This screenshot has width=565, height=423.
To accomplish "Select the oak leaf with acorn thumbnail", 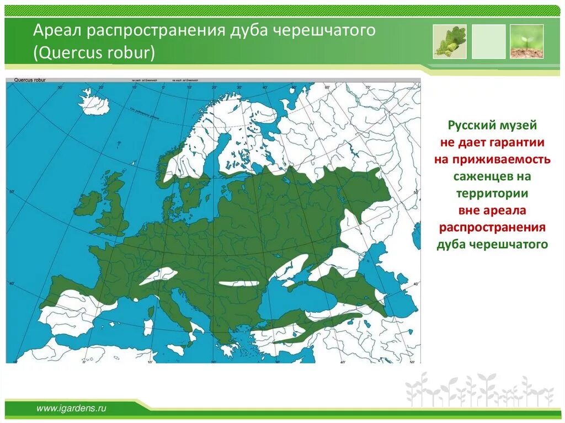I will [x=450, y=41].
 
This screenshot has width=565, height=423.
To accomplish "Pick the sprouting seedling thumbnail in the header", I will [x=526, y=41].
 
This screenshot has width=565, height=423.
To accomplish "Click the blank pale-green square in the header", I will [x=488, y=41].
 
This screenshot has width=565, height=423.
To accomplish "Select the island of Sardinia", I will [x=148, y=326].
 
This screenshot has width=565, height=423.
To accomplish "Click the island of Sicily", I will [x=176, y=349].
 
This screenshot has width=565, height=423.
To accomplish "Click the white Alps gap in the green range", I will [x=159, y=275].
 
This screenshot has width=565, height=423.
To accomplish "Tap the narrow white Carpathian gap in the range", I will [x=238, y=283].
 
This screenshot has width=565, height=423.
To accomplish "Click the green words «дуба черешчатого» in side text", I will [x=492, y=244].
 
